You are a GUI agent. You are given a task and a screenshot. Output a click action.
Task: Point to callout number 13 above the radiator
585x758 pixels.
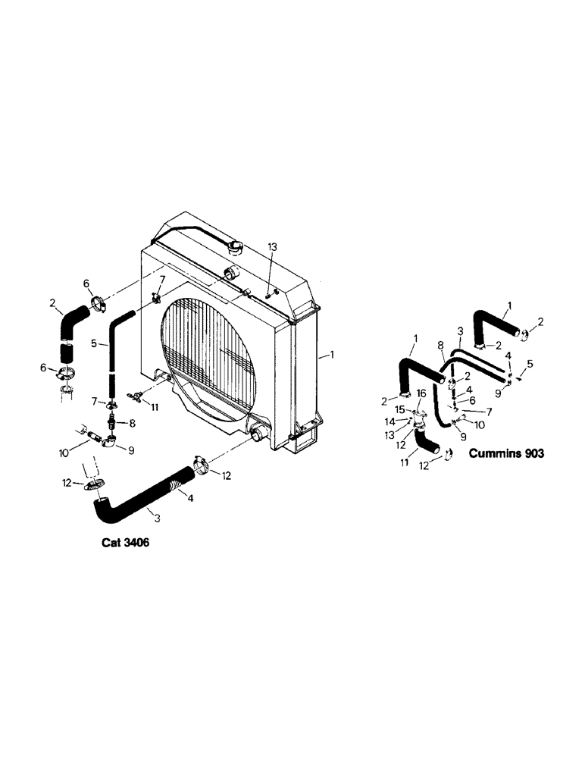[273, 247]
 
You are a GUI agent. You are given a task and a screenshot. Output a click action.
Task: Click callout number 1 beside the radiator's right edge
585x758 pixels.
[327, 354]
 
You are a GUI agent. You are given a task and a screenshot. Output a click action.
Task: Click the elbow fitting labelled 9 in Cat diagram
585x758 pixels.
[111, 438]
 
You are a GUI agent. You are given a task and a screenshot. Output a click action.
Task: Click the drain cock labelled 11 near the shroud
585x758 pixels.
[137, 395]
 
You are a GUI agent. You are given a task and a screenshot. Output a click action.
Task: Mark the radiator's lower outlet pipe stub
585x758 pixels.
[258, 435]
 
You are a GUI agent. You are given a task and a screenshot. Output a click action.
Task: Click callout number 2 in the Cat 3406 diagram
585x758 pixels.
[54, 303]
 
